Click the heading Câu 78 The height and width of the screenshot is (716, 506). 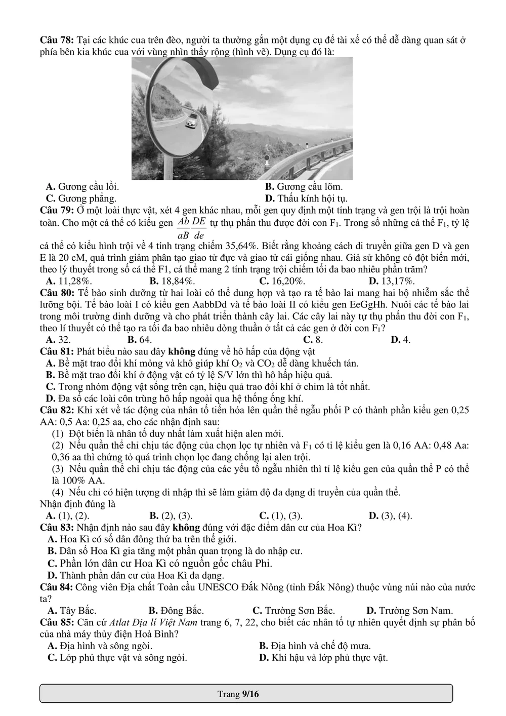point(57,40)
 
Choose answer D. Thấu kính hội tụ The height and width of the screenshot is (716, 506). point(306,198)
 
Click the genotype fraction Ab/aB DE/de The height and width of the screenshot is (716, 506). point(192,228)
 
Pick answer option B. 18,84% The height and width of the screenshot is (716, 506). point(173,281)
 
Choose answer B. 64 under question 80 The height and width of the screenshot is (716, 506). point(140,340)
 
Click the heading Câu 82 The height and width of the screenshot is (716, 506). point(57,410)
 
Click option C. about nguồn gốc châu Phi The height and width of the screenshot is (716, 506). point(160,564)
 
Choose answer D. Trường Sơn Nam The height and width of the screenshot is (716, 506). point(409,611)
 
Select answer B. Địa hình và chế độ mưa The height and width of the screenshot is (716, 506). point(315,646)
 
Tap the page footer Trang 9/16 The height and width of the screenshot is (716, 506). point(238,694)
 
